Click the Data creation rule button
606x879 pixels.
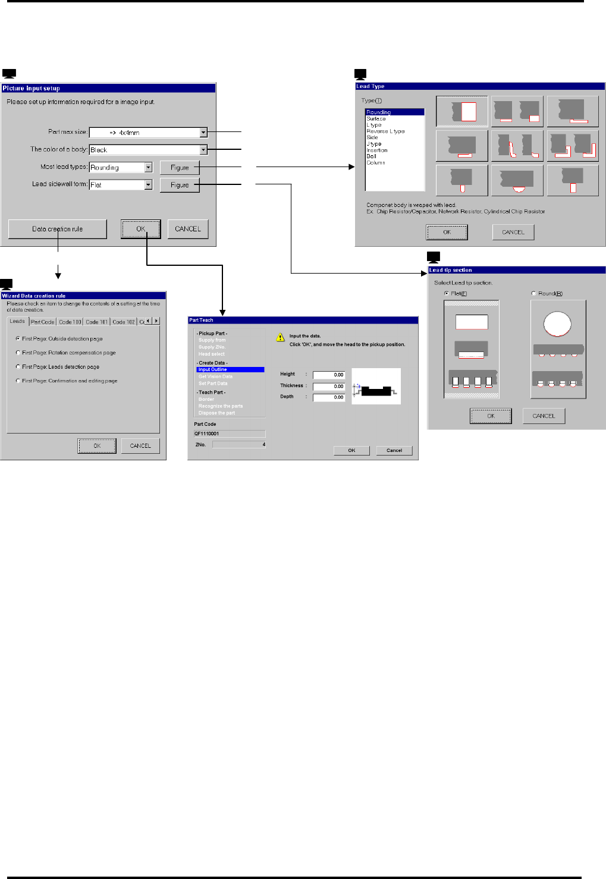click(58, 229)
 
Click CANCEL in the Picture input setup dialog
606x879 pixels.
click(188, 229)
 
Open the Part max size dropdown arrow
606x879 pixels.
click(203, 133)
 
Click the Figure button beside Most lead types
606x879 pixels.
click(180, 168)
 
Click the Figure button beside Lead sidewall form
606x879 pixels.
click(180, 185)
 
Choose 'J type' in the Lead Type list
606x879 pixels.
click(374, 144)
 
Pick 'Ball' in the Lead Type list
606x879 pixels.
click(371, 156)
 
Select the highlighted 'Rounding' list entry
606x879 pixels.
click(394, 112)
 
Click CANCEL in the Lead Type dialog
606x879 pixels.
click(513, 232)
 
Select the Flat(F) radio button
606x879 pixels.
click(447, 293)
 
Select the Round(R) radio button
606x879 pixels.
click(533, 293)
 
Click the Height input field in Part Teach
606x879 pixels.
click(329, 375)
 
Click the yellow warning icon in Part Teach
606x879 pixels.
click(280, 337)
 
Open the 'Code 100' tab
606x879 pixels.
click(70, 322)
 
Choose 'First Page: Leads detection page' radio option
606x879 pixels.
click(18, 367)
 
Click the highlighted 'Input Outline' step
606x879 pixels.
click(230, 370)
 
